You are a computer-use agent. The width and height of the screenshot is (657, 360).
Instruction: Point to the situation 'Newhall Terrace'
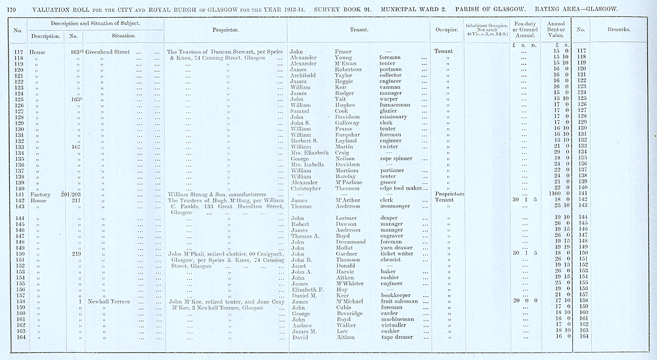coord(110,301)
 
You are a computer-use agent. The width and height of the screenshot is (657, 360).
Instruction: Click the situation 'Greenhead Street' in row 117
coord(110,51)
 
